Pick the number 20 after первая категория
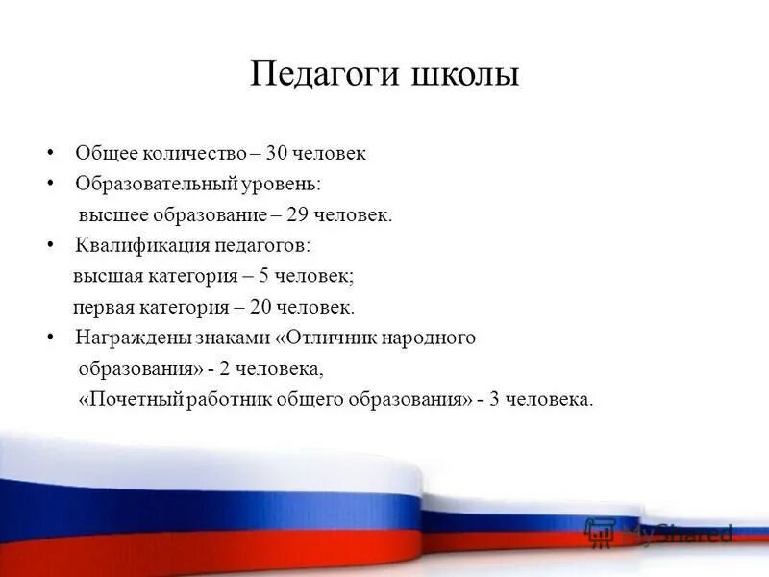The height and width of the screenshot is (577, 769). coord(265,308)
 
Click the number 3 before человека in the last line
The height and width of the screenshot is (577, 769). coord(493,399)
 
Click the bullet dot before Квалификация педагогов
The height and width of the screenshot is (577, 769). coord(50,245)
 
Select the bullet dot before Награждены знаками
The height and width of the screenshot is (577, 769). coord(50,338)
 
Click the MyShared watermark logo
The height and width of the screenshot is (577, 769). coord(659,532)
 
